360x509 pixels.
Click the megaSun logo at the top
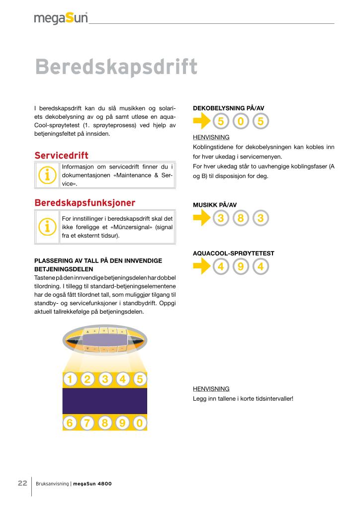tap(61, 18)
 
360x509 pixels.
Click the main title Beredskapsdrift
tap(116, 68)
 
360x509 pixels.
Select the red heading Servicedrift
tap(61, 156)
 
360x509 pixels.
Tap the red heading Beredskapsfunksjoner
tap(85, 203)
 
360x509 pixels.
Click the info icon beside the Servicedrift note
tap(48, 175)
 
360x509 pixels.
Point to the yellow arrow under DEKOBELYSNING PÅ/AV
tap(201, 121)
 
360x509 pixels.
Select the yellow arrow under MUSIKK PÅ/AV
tap(201, 218)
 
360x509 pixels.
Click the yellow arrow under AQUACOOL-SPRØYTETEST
tap(201, 267)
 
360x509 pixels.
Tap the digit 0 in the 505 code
tap(241, 121)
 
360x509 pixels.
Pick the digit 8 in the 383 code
tap(241, 218)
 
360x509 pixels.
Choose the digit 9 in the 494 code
tap(241, 267)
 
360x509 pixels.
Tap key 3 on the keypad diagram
tap(105, 379)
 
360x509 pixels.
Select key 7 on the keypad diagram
tap(88, 423)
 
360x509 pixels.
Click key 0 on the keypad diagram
tap(140, 423)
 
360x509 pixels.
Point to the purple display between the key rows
tap(105, 401)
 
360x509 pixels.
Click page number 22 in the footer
tap(22, 483)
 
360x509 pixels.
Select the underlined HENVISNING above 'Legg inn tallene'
tap(211, 389)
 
